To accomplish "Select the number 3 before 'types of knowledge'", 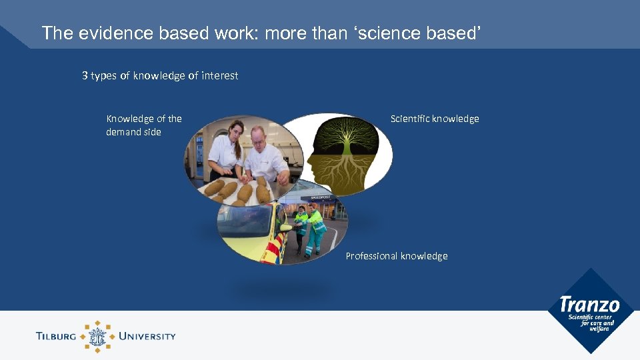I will (x=85, y=76).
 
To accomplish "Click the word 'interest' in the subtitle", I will (x=220, y=76).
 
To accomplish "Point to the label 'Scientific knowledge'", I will (x=435, y=119).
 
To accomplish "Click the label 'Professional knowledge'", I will (x=397, y=256).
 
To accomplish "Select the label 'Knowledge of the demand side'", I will (x=143, y=125).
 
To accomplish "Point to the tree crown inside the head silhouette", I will (x=349, y=137).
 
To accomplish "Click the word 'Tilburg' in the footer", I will (x=57, y=336).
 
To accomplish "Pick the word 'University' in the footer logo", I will (x=147, y=336).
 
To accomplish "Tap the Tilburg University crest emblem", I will (x=98, y=336).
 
